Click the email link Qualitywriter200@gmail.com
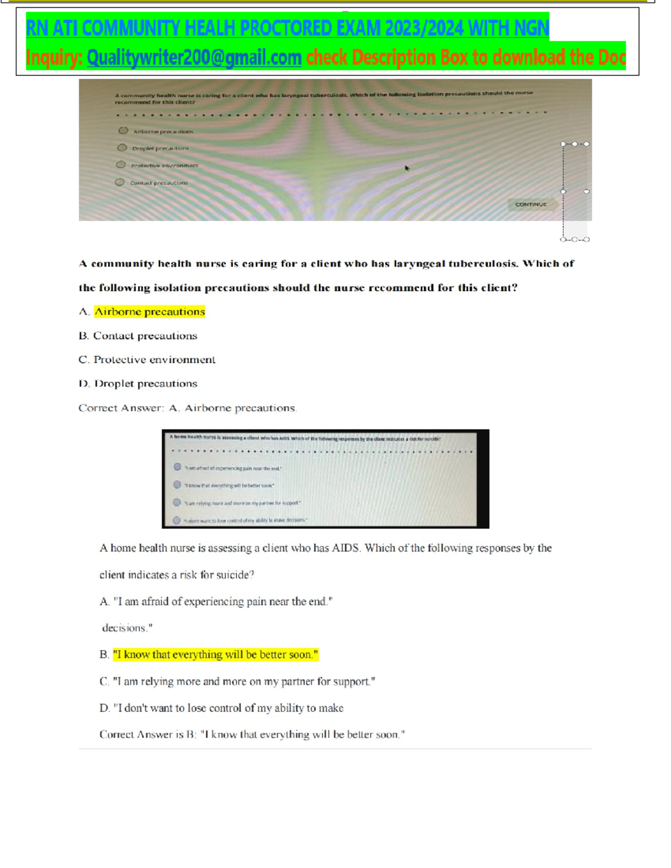pyautogui.click(x=194, y=58)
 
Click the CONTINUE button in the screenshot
pyautogui.click(x=531, y=205)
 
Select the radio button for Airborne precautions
pyautogui.click(x=123, y=131)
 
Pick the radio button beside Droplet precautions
pyautogui.click(x=122, y=148)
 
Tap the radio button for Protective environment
pyautogui.click(x=121, y=165)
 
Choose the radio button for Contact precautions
pyautogui.click(x=120, y=182)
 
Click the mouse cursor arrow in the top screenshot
pyautogui.click(x=407, y=168)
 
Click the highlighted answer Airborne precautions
pyautogui.click(x=149, y=312)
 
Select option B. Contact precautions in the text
pyautogui.click(x=138, y=336)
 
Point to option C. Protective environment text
pyautogui.click(x=147, y=360)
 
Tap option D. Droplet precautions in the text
pyautogui.click(x=138, y=384)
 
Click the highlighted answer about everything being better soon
pyautogui.click(x=215, y=654)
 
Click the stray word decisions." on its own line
pyautogui.click(x=127, y=628)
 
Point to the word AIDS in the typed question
pyautogui.click(x=346, y=548)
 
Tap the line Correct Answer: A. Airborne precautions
pyautogui.click(x=187, y=408)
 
